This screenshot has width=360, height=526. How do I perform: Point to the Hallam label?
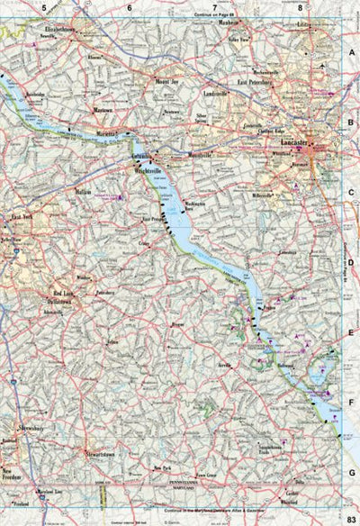coord(85,191)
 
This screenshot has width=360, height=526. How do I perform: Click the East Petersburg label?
coord(255,82)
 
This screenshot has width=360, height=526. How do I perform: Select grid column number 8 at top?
coord(300,7)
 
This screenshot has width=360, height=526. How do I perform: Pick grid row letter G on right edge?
coord(352,471)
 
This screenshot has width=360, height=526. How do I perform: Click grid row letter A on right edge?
coord(352,53)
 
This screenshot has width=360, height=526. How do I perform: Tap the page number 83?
coord(352,515)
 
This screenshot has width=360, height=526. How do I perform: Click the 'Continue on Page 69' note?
coord(213,14)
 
